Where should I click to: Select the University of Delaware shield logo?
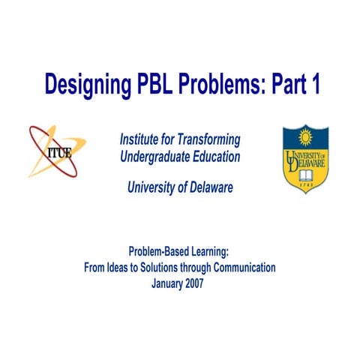[x=305, y=157]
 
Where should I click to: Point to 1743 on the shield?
[x=305, y=184]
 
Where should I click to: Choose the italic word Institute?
[x=141, y=139]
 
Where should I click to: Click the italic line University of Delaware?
[x=180, y=187]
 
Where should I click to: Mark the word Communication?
[x=242, y=267]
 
